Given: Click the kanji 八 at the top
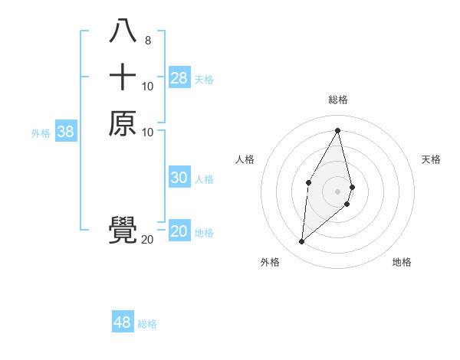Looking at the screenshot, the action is (x=123, y=31).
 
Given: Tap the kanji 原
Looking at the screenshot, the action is (x=123, y=123).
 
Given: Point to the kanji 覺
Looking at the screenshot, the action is (x=123, y=231).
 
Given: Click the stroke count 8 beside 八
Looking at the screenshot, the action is (x=147, y=40).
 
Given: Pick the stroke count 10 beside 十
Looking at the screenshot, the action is (x=147, y=87).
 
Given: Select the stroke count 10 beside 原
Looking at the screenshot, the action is (x=147, y=133).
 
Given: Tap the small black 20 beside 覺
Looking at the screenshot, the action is (x=147, y=240).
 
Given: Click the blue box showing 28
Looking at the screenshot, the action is (x=179, y=78).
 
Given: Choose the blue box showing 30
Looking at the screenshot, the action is (x=179, y=178).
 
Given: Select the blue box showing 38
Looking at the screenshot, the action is (x=66, y=132).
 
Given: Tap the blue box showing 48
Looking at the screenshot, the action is (x=122, y=322).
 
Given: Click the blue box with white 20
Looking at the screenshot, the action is (x=179, y=231).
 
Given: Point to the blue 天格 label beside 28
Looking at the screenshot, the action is (x=204, y=79).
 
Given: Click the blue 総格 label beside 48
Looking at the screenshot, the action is (x=147, y=324).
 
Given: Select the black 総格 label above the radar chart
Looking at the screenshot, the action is (x=337, y=100).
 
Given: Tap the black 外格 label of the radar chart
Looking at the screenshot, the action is (x=270, y=262).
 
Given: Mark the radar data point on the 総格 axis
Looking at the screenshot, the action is (x=337, y=130).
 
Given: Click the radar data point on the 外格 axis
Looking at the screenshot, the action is (x=302, y=242).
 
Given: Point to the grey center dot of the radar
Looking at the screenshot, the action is (x=337, y=191).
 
